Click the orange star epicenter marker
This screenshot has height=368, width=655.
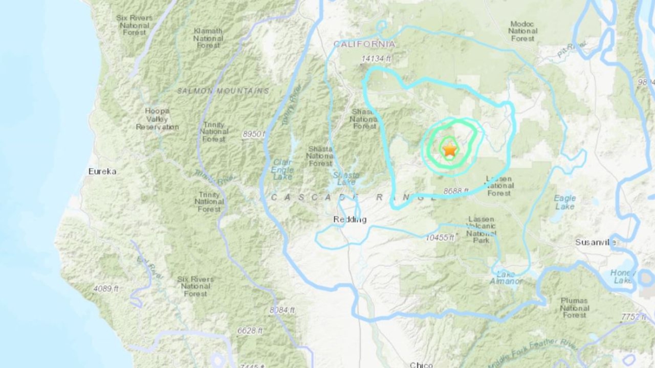[450, 150]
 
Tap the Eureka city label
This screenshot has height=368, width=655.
[102, 171]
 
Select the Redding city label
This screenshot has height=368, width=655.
[350, 220]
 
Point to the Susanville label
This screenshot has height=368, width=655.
[596, 242]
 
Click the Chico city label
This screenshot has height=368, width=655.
[421, 364]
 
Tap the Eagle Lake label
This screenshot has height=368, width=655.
[565, 202]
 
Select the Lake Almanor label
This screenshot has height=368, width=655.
[506, 278]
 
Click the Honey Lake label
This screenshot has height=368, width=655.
[623, 276]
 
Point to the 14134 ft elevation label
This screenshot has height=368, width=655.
[376, 59]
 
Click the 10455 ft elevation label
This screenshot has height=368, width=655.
[440, 238]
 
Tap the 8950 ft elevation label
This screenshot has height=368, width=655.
[254, 134]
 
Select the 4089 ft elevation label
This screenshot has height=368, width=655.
[106, 289]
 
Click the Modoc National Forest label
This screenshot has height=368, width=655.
[522, 31]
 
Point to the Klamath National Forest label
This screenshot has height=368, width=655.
[208, 38]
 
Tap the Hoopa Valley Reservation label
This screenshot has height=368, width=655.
[157, 119]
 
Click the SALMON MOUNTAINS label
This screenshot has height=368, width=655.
[223, 91]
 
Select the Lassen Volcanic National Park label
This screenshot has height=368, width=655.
[481, 230]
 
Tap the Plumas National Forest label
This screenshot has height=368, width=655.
[574, 307]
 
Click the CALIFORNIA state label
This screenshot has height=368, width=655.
[364, 44]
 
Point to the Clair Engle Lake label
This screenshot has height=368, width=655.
[282, 169]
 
